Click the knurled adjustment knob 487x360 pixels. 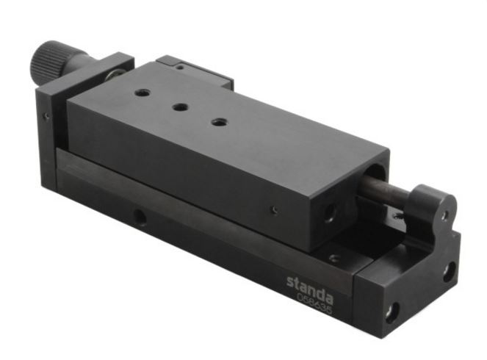47,60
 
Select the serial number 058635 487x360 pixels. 314,303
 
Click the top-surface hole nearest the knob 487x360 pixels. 143,93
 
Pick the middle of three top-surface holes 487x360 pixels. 181,107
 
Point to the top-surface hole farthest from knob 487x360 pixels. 220,122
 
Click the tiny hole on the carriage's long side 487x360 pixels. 275,209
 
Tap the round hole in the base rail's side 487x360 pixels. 140,217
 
